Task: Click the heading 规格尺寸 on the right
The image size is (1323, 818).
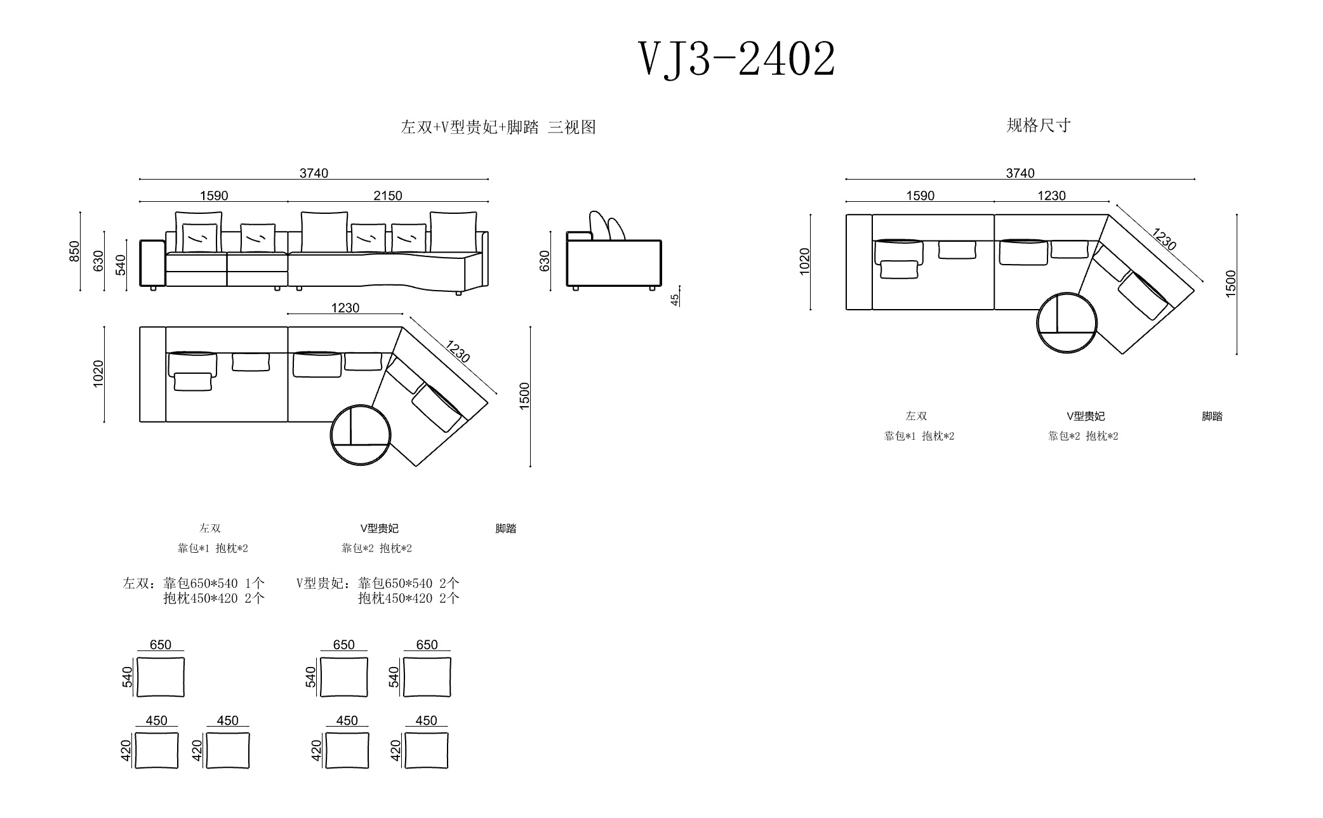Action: pos(1039,125)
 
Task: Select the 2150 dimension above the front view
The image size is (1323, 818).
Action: pos(387,195)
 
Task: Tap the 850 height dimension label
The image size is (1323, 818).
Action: pos(75,251)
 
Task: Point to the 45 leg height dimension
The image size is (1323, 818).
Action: pos(675,298)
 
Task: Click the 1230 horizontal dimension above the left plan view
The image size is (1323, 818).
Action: pos(345,308)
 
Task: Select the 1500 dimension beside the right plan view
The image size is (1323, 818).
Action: pos(1231,283)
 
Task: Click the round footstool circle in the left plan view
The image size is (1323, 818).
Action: pos(360,435)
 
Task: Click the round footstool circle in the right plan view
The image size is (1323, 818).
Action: pos(1067,322)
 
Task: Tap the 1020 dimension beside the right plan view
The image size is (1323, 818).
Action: pos(804,261)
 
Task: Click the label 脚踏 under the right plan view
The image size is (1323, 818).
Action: pos(1212,416)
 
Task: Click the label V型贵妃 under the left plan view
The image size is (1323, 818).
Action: pos(379,528)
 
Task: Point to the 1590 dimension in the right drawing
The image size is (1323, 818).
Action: pos(920,195)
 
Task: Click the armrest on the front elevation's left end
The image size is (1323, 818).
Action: pos(152,263)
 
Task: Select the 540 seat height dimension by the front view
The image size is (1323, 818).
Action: pos(121,265)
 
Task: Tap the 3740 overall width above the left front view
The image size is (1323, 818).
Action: pos(314,173)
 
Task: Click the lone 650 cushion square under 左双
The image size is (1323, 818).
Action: pos(161,677)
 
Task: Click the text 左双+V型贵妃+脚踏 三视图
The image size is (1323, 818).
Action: pos(498,127)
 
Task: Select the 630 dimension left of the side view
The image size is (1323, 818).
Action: pos(545,261)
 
